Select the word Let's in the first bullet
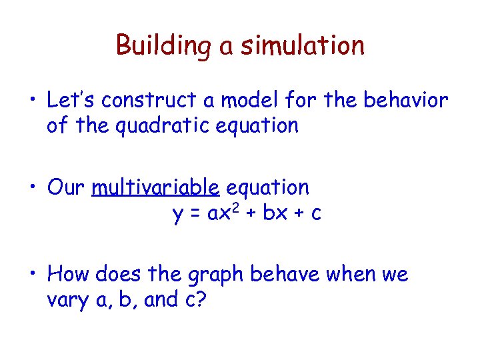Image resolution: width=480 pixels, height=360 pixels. tap(69, 100)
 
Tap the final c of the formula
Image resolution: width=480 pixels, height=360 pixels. tap(317, 214)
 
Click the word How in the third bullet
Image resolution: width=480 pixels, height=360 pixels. tap(69, 274)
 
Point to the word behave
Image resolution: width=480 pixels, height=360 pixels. tap(283, 274)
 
